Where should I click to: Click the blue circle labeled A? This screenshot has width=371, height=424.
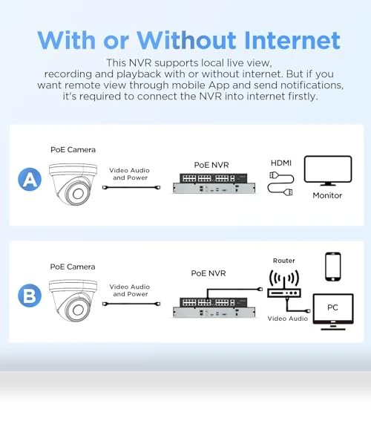(30, 179)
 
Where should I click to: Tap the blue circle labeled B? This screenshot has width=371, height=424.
(30, 296)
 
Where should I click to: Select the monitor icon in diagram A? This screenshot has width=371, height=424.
(328, 170)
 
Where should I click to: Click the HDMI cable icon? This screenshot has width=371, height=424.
(281, 183)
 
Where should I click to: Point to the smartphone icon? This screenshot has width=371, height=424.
(333, 267)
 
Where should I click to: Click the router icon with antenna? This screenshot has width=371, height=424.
(284, 284)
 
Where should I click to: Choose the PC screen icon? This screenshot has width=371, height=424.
(333, 312)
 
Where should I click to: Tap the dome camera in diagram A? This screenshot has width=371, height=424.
(73, 184)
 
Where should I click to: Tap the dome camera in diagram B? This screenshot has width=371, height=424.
(73, 301)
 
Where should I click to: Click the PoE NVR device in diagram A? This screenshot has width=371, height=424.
(214, 183)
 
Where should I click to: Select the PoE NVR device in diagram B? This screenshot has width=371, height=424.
(214, 307)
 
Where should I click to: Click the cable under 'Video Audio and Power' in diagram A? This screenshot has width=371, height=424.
(131, 187)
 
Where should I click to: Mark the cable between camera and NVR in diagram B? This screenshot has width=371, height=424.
(131, 304)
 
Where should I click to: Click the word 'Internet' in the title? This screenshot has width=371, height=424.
(292, 40)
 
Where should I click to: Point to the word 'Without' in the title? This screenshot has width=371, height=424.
(186, 40)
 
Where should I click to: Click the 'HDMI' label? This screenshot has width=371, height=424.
(281, 163)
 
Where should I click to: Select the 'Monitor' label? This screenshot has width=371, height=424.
(327, 195)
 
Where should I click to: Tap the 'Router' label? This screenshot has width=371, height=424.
(283, 261)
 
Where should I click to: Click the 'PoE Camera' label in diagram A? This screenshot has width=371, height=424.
(73, 150)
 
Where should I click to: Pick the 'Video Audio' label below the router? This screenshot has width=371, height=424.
(288, 319)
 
